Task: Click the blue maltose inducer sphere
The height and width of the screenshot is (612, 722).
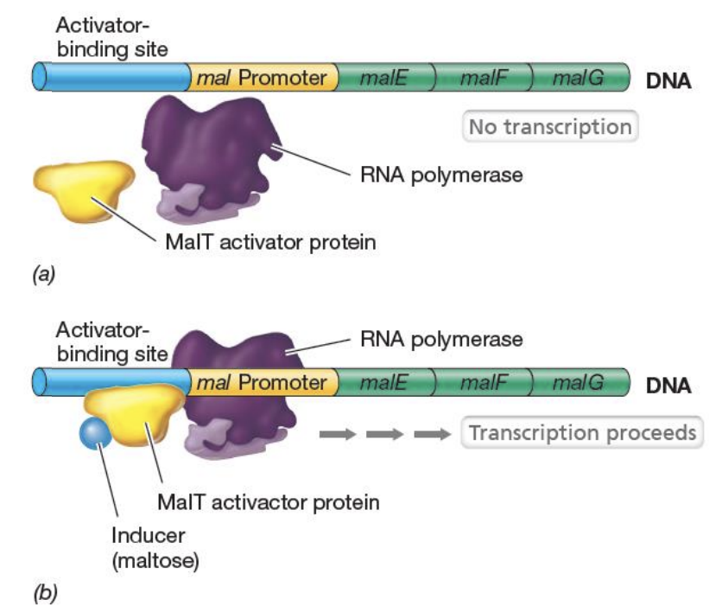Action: pyautogui.click(x=95, y=432)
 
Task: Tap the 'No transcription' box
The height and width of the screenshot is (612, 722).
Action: pyautogui.click(x=550, y=126)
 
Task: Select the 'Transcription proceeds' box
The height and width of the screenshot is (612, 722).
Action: pyautogui.click(x=582, y=432)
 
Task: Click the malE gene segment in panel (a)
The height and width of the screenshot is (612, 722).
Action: pyautogui.click(x=385, y=78)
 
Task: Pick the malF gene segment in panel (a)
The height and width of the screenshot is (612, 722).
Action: pyautogui.click(x=484, y=78)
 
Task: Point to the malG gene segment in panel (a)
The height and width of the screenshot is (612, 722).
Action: pyautogui.click(x=580, y=78)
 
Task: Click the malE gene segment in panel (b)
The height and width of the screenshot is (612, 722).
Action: pyautogui.click(x=385, y=382)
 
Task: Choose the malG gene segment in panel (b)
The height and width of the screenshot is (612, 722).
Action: pyautogui.click(x=580, y=382)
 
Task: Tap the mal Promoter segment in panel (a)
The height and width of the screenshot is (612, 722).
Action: pyautogui.click(x=263, y=78)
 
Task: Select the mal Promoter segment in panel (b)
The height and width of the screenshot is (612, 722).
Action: pyautogui.click(x=263, y=382)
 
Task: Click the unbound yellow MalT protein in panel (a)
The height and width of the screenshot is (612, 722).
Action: pyautogui.click(x=84, y=190)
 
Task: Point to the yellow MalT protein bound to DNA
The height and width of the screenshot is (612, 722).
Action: pyautogui.click(x=134, y=414)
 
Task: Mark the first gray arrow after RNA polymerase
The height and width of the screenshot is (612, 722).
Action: pyautogui.click(x=338, y=434)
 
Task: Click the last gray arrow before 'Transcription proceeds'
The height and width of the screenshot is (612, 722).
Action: pyautogui.click(x=433, y=434)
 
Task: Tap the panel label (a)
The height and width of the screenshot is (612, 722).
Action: pyautogui.click(x=44, y=274)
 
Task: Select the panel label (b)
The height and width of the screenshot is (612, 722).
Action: pyautogui.click(x=45, y=593)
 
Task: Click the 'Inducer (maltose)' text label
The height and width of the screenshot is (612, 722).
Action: pyautogui.click(x=155, y=548)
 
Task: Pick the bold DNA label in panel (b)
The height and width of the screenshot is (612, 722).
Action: pyautogui.click(x=668, y=386)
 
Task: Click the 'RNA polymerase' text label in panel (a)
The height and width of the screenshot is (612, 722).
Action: pyautogui.click(x=441, y=175)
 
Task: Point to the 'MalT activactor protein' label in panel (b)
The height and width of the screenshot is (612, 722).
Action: pyautogui.click(x=269, y=502)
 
